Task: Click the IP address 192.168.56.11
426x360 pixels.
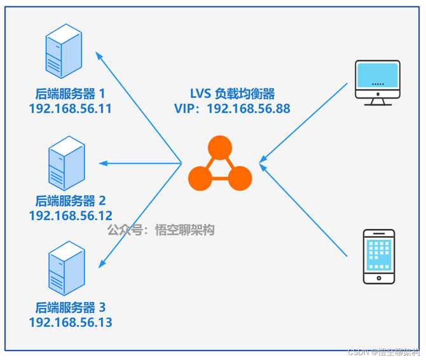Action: (70, 109)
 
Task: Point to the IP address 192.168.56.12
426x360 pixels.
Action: (70, 216)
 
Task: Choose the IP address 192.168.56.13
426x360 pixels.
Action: (70, 323)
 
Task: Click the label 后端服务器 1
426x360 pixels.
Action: (70, 93)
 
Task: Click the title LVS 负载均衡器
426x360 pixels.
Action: (232, 93)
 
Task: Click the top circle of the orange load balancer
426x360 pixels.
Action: (220, 148)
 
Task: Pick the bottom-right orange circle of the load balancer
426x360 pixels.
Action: (240, 178)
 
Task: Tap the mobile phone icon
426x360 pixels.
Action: (378, 256)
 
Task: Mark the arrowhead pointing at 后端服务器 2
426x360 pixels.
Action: (102, 163)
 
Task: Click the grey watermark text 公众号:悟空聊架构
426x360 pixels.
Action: (161, 230)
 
